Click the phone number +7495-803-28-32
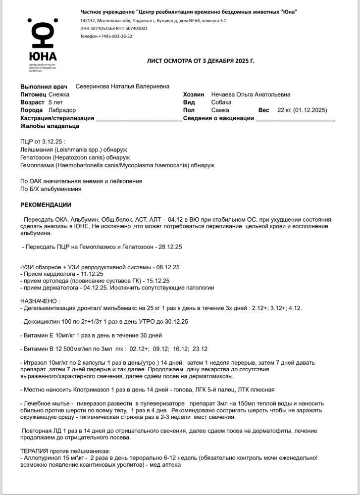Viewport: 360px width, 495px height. click(x=115, y=36)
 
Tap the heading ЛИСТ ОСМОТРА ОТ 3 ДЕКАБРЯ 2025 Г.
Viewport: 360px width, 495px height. click(x=201, y=61)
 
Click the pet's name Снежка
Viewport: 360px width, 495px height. click(x=59, y=95)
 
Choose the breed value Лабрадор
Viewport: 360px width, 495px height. click(x=62, y=110)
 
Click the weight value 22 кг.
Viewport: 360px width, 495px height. click(x=284, y=110)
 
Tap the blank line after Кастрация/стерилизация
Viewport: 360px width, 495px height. click(x=138, y=119)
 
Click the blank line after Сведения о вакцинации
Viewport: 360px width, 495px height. click(x=295, y=119)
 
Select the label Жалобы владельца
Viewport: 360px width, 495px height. click(x=50, y=126)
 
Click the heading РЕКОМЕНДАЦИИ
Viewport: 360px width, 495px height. click(x=46, y=205)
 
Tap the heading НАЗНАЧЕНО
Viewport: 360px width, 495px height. click(x=40, y=301)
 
